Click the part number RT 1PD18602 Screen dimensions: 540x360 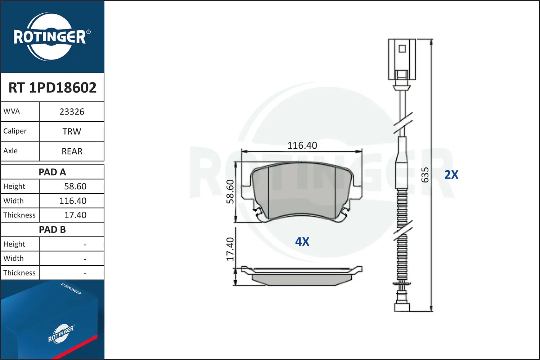[52, 87]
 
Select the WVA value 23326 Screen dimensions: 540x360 [72, 112]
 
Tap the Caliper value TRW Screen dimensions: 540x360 [72, 131]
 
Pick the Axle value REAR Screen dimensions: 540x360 [72, 151]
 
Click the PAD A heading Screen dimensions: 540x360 [52, 172]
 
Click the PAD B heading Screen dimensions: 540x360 [52, 230]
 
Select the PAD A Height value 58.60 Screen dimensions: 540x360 [75, 186]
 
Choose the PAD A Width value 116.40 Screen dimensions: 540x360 [73, 201]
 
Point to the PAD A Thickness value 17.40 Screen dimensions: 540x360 [75, 215]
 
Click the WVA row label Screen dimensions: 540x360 [12, 111]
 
